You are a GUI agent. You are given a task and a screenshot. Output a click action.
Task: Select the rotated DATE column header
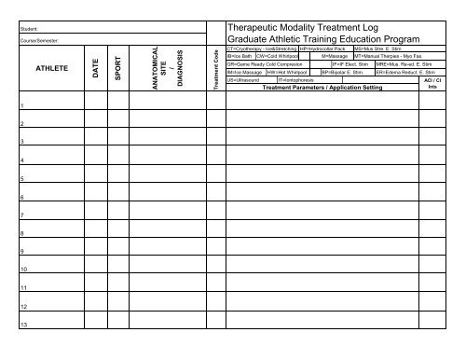95,69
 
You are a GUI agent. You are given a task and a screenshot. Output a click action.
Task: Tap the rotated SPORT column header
117,69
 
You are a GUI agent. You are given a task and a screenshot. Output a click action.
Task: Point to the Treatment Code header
214,70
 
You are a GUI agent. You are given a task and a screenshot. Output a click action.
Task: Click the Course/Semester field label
38,41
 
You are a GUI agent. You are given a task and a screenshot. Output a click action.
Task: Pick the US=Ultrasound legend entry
244,81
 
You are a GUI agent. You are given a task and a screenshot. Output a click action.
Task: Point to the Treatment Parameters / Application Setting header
322,89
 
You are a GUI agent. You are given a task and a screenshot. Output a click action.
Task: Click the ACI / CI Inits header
432,85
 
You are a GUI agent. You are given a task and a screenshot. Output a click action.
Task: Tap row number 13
23,325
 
